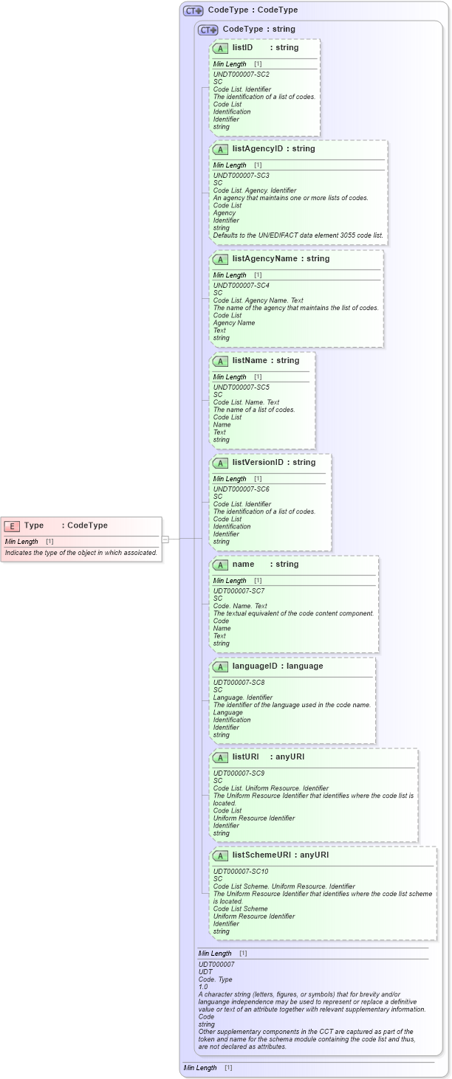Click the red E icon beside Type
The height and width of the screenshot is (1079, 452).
(12, 525)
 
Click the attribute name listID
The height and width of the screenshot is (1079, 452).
(242, 47)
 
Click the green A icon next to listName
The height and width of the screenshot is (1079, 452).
(220, 361)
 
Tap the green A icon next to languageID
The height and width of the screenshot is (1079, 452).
(220, 666)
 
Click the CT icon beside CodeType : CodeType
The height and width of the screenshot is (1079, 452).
(193, 10)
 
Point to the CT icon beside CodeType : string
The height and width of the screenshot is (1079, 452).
(208, 30)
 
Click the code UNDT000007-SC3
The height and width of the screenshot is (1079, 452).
(241, 176)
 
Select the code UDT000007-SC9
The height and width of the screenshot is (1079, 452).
(239, 773)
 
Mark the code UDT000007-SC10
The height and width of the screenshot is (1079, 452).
(241, 872)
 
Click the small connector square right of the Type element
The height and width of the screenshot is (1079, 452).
(165, 539)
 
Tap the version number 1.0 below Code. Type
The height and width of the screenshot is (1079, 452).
(203, 987)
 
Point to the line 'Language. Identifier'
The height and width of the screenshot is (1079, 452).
(243, 697)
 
